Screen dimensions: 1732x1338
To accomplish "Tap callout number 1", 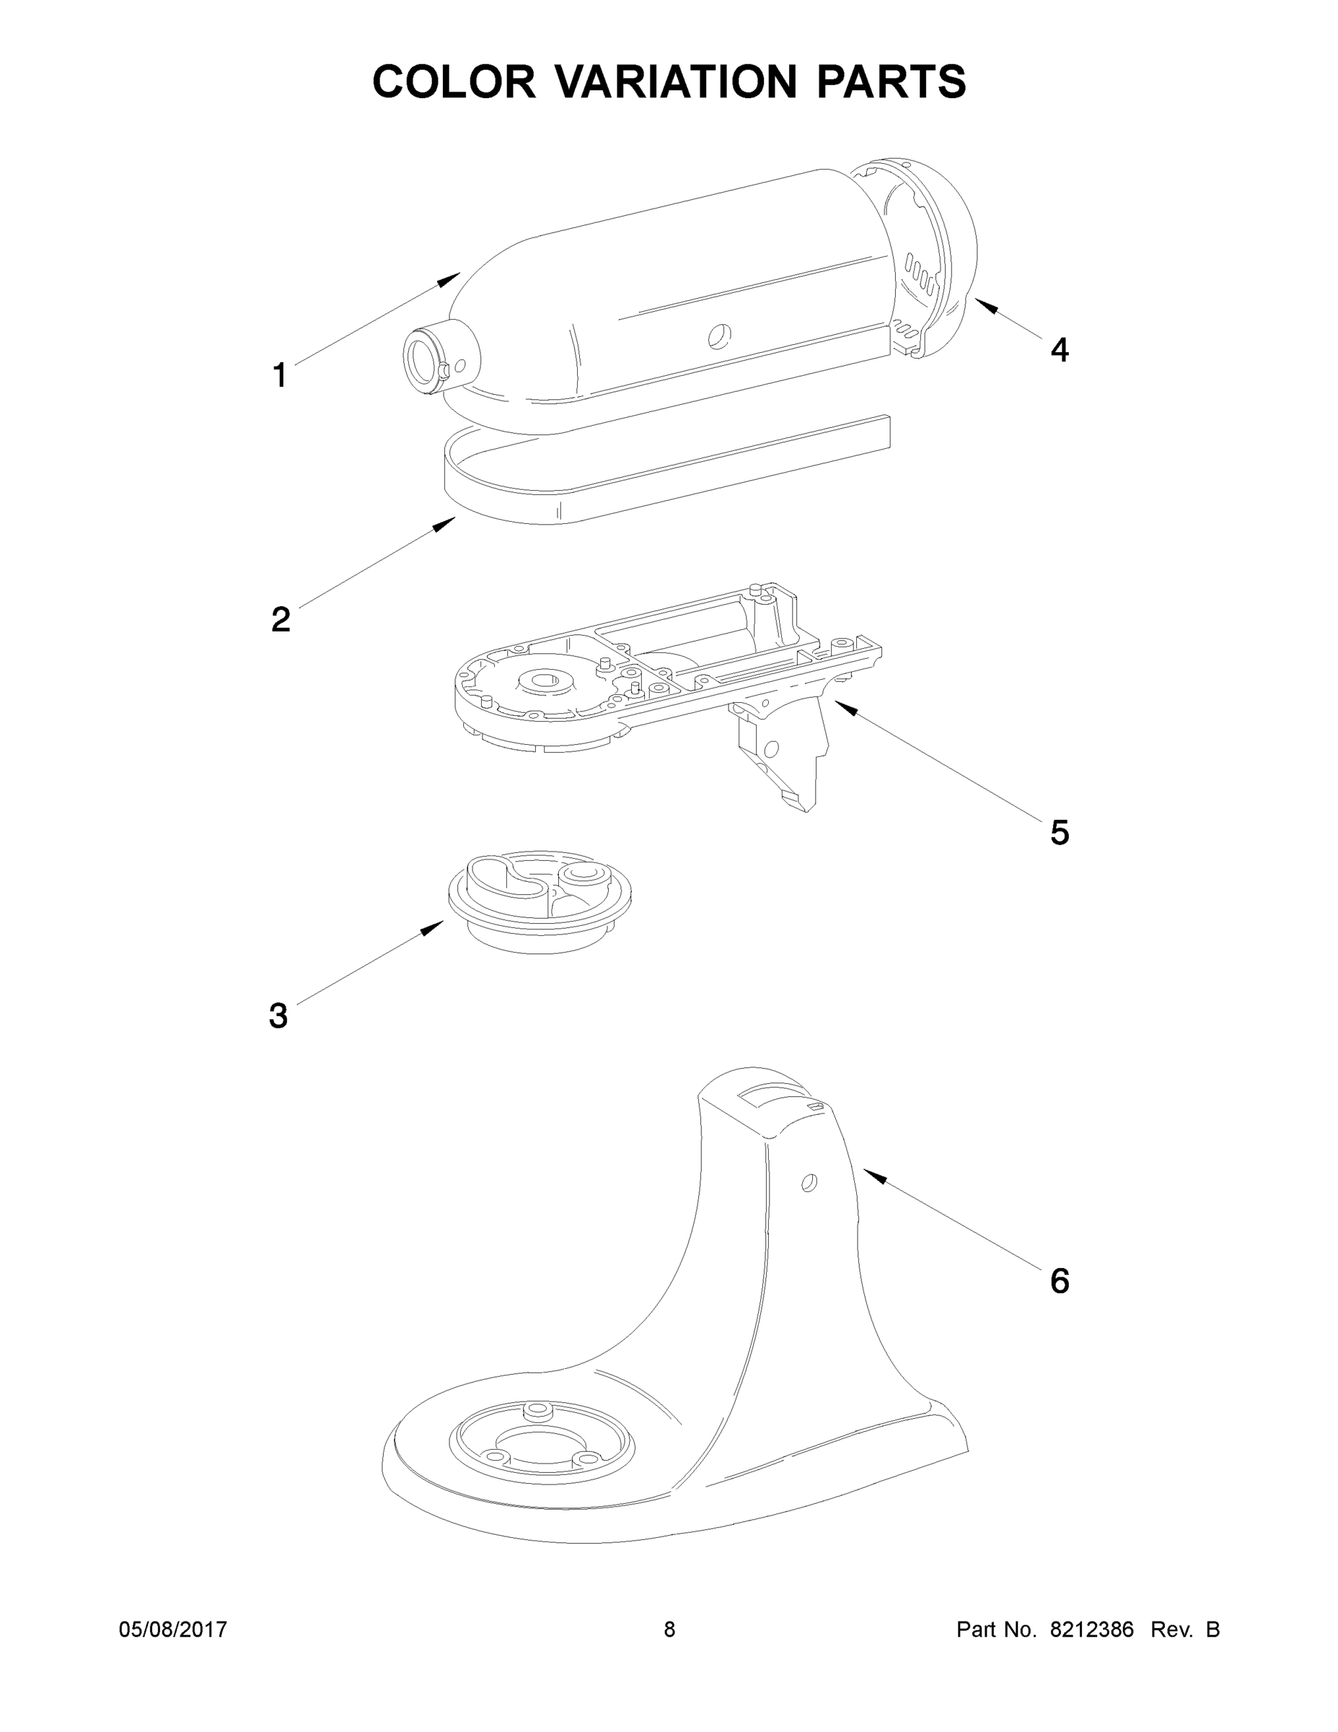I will [x=279, y=375].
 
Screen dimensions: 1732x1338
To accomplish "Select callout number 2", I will [x=280, y=618].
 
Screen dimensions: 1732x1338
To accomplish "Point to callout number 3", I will [x=278, y=1016].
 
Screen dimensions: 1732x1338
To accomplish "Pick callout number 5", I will [x=1059, y=833].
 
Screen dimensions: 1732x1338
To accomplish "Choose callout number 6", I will [x=1059, y=1281].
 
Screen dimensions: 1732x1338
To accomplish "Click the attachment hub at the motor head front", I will [x=432, y=359].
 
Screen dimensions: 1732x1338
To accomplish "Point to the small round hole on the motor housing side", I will [x=720, y=336].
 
